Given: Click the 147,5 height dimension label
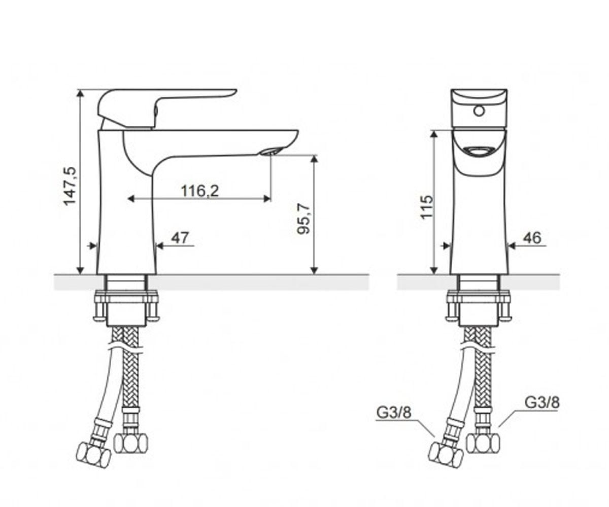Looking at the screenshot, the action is click(70, 186).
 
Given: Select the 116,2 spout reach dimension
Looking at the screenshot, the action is click(200, 191).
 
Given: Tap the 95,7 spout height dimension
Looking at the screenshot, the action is click(303, 219).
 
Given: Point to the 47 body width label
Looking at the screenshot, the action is click(180, 238).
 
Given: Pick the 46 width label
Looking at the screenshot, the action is click(532, 238).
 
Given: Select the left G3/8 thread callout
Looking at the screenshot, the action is click(394, 413).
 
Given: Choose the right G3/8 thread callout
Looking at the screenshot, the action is click(542, 403).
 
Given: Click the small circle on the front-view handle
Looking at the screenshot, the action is click(479, 111).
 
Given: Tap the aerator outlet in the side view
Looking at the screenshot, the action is click(271, 152).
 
